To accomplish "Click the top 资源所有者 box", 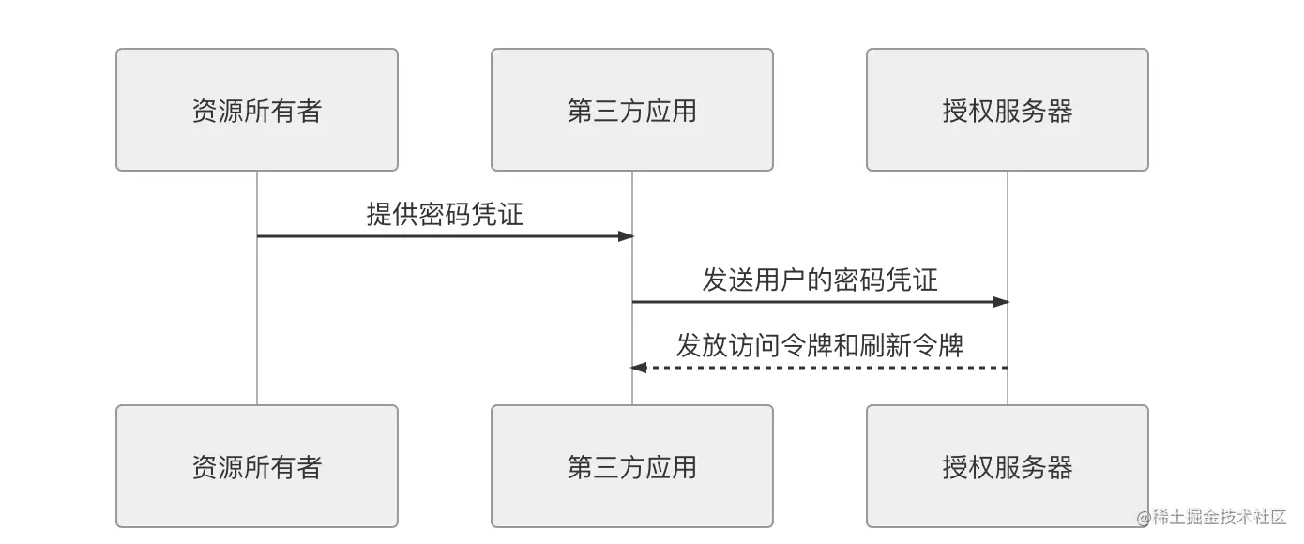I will [x=256, y=110].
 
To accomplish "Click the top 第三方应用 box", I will [x=631, y=110].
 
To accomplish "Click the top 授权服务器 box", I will [x=1007, y=110].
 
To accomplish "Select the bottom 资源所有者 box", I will [x=256, y=466].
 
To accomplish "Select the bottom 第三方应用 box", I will [x=631, y=466].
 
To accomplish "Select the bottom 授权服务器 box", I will [x=1007, y=466].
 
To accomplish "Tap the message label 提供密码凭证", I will [x=445, y=214].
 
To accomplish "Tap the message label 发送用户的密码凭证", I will [x=820, y=280].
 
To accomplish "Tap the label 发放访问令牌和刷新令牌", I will [x=820, y=345].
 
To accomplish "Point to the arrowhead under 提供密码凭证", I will [x=626, y=236].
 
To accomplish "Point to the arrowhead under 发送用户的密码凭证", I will [x=1001, y=302].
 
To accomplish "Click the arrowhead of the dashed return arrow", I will [x=639, y=368].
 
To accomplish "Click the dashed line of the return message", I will [x=826, y=368].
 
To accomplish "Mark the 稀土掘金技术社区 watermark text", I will [x=1219, y=517].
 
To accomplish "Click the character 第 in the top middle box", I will [x=580, y=111].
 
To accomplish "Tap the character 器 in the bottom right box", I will [x=1059, y=467].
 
